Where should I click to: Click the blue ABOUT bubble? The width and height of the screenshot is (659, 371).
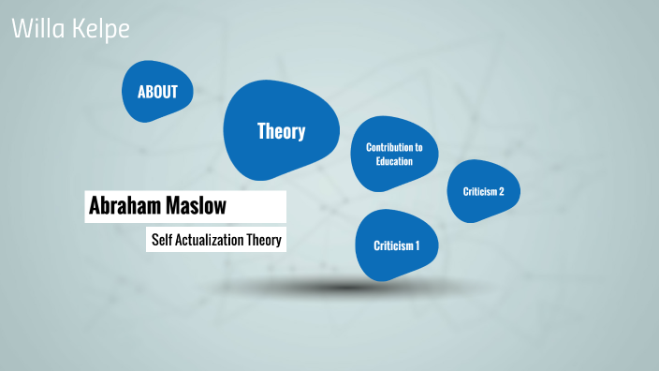point(164,92)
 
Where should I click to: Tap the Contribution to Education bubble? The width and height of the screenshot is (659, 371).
point(394,155)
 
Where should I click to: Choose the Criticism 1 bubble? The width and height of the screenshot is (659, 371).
point(397,245)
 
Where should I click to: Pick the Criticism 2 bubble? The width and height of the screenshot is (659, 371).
point(483,191)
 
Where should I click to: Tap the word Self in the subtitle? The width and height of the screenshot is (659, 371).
point(163,240)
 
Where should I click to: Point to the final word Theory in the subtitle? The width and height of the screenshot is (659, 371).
point(264,240)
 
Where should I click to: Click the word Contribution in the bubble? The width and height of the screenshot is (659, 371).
point(394,148)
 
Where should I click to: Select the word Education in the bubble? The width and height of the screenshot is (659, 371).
point(394,161)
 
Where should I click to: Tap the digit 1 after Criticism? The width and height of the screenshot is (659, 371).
point(417,245)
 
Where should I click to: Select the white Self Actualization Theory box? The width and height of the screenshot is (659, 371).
point(215,240)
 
